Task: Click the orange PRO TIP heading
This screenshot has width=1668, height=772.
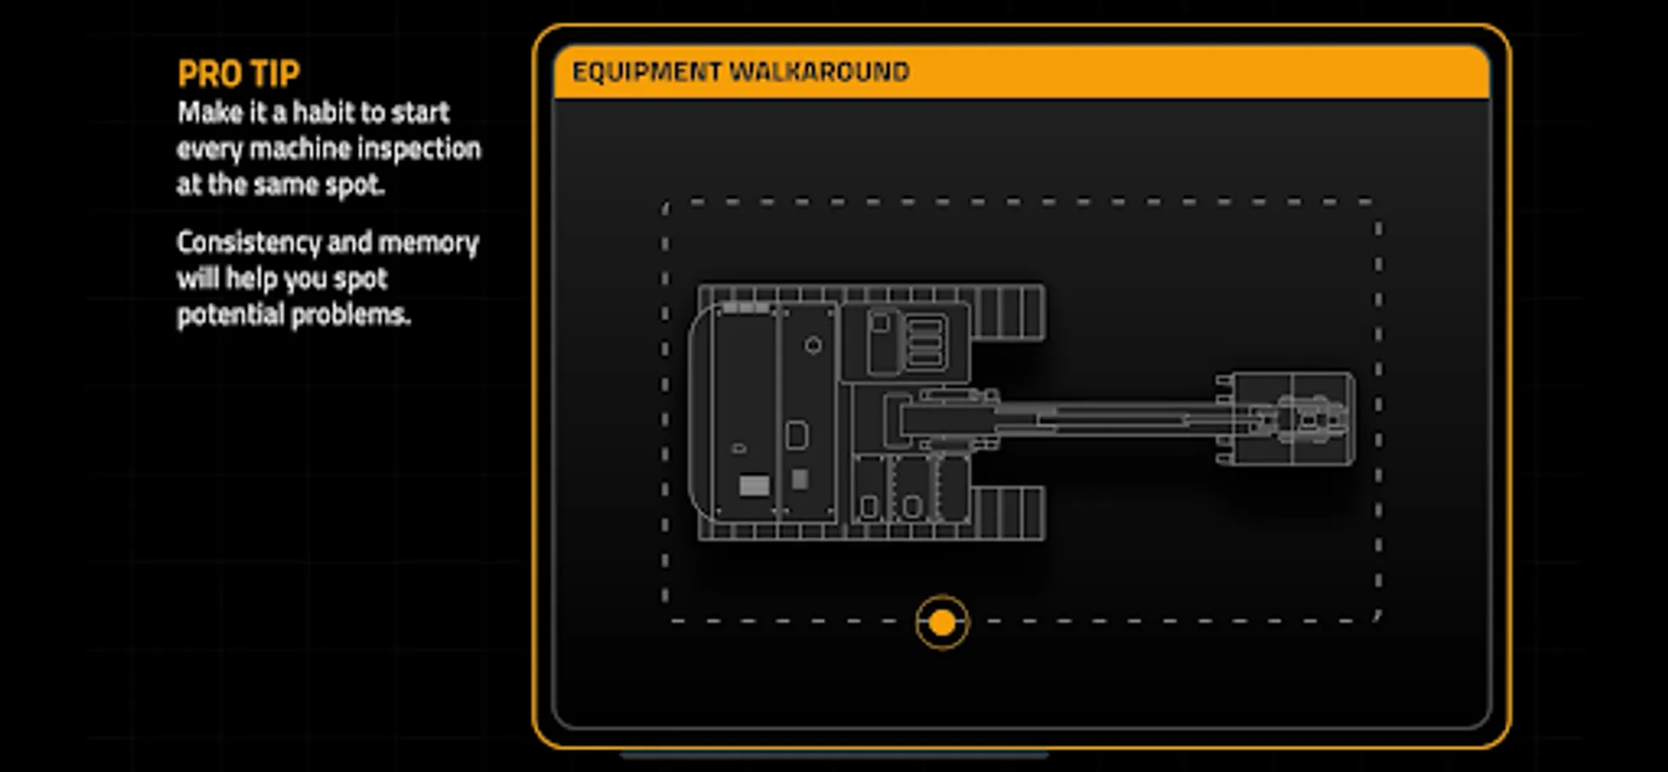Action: point(239,74)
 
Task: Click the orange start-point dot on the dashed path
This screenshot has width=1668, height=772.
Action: point(942,623)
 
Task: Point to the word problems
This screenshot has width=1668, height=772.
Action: point(351,316)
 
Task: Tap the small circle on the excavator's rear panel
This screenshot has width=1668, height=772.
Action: point(813,345)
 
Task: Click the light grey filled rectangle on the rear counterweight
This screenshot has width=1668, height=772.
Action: point(755,486)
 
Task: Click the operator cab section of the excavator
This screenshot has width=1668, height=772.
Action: point(906,341)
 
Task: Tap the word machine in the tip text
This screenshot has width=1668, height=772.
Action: point(299,149)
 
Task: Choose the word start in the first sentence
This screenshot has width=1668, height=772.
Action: point(420,112)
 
